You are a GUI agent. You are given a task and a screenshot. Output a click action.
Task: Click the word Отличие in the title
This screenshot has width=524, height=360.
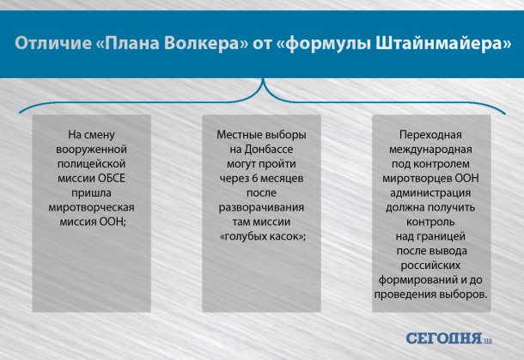click(52, 44)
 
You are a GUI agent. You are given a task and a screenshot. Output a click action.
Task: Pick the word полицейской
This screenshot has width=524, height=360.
click(92, 164)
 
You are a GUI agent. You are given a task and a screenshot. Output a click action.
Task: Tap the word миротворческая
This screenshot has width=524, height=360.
click(91, 208)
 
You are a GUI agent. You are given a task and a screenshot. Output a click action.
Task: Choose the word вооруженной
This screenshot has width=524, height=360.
click(91, 149)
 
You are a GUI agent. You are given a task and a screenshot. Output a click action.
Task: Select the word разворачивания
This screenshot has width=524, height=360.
click(261, 207)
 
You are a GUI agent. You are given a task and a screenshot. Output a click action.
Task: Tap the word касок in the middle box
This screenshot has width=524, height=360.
click(283, 236)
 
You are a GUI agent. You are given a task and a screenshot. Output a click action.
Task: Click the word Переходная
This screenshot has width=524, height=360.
click(430, 135)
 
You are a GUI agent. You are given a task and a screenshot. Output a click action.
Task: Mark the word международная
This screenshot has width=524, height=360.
click(430, 149)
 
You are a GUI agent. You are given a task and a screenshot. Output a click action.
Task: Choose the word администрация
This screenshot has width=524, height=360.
click(430, 192)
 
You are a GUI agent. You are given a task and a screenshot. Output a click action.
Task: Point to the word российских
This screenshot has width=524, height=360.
click(430, 265)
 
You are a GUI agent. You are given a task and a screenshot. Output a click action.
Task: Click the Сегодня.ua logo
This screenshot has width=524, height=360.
click(449, 339)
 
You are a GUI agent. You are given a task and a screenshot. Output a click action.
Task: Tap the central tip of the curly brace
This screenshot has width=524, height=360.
click(263, 80)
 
